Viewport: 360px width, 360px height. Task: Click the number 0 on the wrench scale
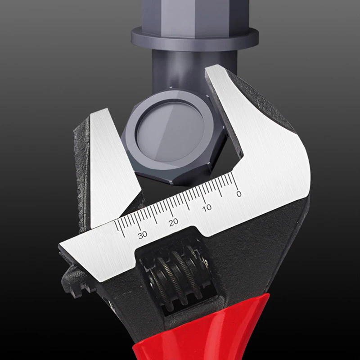tap(238, 194)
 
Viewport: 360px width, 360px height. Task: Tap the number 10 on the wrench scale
tap(207, 207)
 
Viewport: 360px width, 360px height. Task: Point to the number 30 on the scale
tap(143, 234)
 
